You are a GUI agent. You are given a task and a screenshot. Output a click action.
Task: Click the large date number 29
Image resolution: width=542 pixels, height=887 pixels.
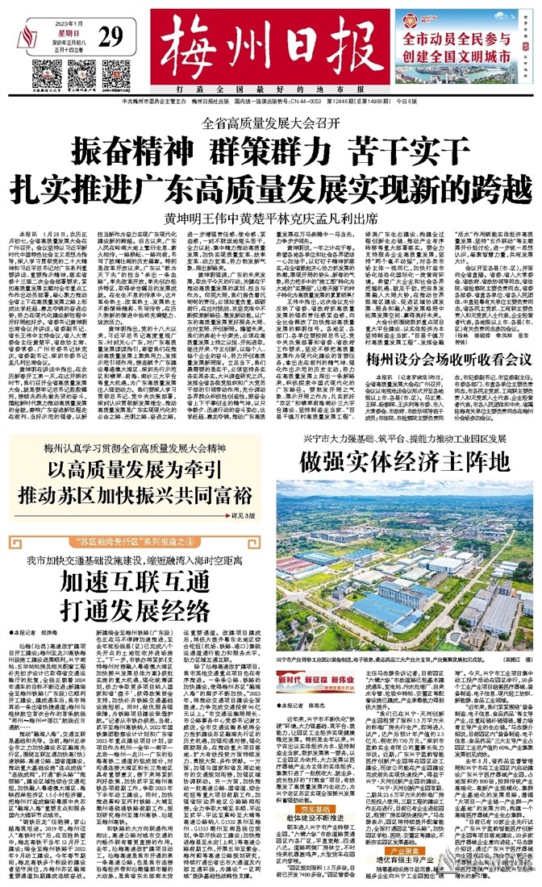[x=111, y=37]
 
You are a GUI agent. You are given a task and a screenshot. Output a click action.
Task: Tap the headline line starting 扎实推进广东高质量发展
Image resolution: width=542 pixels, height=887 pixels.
[x=270, y=186]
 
